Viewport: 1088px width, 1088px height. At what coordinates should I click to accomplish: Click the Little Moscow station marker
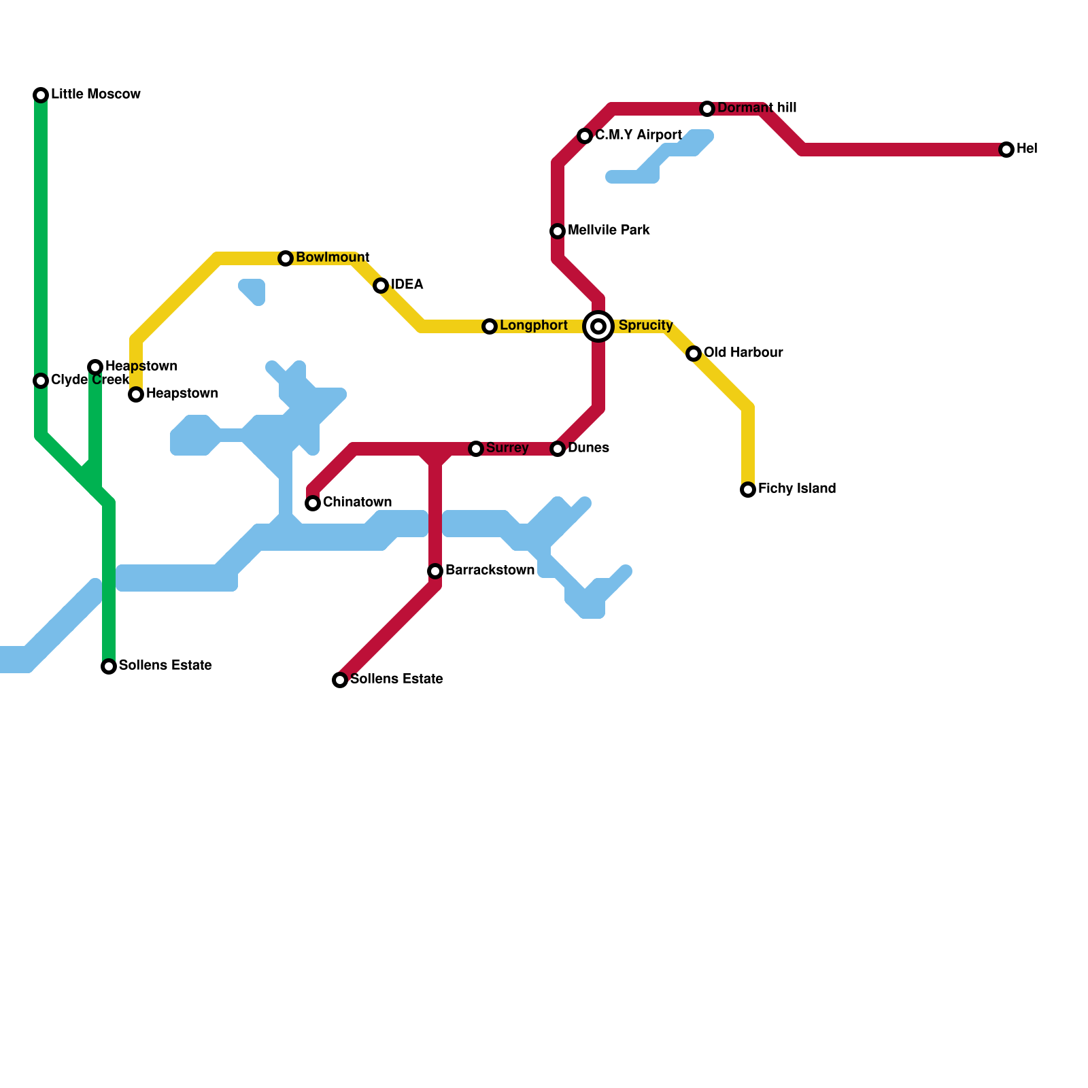[x=41, y=95]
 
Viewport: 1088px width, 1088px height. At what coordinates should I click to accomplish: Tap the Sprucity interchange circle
[x=598, y=326]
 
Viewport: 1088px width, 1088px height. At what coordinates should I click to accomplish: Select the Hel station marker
[x=1006, y=150]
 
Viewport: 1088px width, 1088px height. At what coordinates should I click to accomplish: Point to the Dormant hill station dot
[x=707, y=109]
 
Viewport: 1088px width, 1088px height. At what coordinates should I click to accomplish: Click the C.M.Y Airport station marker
[x=585, y=136]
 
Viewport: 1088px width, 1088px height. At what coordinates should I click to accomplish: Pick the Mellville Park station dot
[x=558, y=231]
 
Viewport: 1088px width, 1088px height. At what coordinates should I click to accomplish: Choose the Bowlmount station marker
[x=286, y=258]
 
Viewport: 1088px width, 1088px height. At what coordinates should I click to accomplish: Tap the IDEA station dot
[x=381, y=286]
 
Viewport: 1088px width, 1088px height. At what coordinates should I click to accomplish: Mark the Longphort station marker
[x=490, y=326]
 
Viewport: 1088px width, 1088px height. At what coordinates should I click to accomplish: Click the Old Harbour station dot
[x=694, y=354]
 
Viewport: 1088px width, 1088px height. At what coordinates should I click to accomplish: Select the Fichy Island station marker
[x=748, y=490]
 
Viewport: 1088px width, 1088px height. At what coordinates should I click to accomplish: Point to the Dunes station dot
[x=558, y=449]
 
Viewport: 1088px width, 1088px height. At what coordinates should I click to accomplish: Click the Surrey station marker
[x=476, y=449]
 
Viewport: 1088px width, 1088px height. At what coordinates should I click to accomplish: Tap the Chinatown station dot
[x=313, y=503]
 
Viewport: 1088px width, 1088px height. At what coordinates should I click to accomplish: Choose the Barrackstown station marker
[x=435, y=571]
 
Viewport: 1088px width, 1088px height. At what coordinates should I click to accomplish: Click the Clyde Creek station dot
[x=41, y=381]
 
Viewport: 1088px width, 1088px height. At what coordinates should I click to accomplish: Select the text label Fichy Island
[x=797, y=489]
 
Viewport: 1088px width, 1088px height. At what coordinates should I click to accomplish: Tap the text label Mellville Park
[x=609, y=231]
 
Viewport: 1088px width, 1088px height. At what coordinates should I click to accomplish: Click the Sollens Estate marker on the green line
[x=109, y=666]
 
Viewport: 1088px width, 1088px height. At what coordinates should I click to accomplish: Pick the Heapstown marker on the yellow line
[x=136, y=394]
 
